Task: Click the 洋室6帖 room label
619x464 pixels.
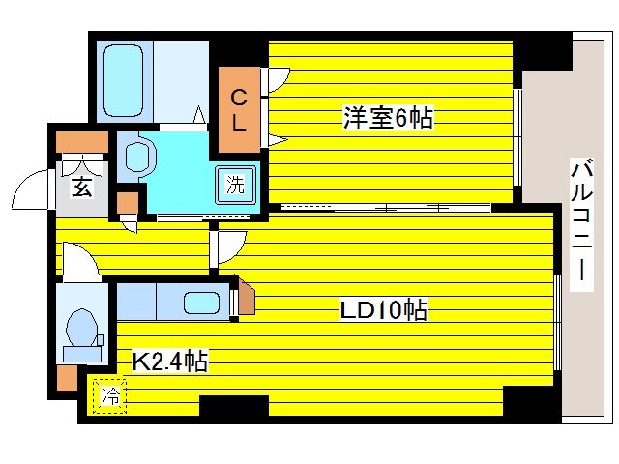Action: click(387, 119)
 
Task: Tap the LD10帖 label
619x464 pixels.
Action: click(383, 310)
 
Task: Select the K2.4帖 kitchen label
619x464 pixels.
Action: click(169, 362)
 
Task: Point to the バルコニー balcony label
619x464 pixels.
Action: click(581, 222)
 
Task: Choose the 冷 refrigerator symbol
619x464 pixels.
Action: click(111, 395)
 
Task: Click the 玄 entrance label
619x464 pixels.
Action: click(81, 187)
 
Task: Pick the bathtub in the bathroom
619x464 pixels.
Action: click(124, 78)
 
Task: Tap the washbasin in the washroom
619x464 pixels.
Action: click(137, 156)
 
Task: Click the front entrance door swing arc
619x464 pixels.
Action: click(32, 189)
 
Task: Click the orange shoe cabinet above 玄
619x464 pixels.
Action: click(81, 142)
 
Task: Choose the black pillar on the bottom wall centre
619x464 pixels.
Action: click(233, 406)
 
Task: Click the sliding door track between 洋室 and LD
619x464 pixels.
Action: click(387, 207)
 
